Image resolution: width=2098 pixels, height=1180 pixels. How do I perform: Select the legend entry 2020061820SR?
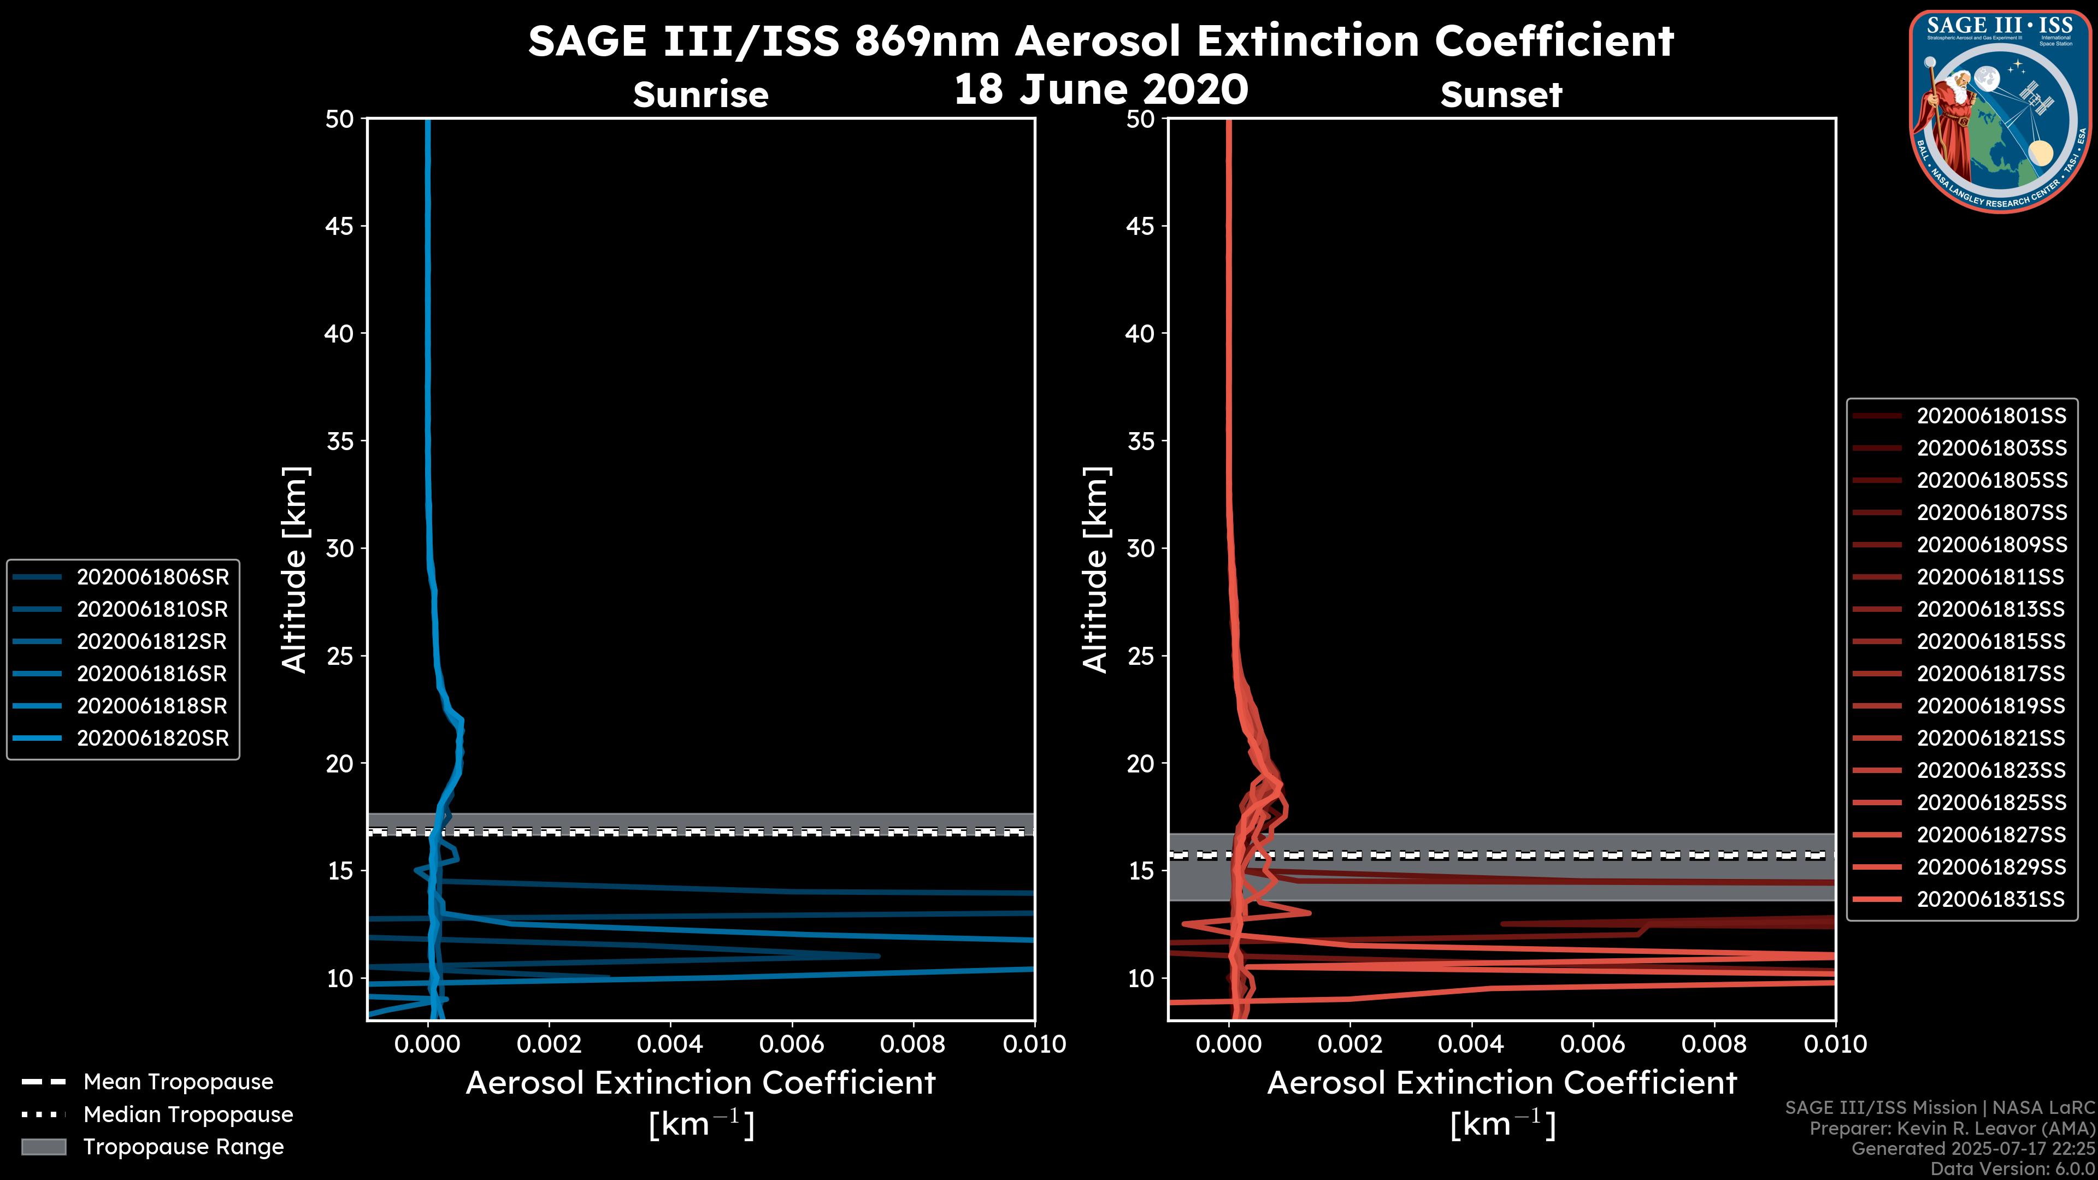[x=152, y=739]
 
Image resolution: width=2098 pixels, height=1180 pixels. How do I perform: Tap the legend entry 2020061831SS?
[x=1990, y=900]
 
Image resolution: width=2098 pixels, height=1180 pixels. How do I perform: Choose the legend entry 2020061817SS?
[x=1990, y=674]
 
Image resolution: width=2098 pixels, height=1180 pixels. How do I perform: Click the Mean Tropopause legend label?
[x=178, y=1082]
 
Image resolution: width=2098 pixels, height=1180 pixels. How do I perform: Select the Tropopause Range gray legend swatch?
[x=43, y=1147]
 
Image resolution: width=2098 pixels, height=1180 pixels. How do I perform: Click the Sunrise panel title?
[x=700, y=95]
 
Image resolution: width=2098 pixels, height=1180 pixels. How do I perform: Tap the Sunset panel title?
[x=1501, y=95]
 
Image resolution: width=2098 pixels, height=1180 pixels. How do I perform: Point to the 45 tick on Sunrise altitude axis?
[x=340, y=226]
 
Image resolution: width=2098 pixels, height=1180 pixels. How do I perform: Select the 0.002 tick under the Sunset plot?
[x=1349, y=1044]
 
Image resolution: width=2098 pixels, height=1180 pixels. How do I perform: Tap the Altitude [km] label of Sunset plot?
[x=1095, y=570]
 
